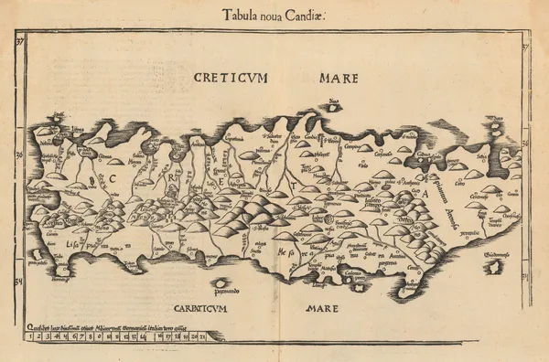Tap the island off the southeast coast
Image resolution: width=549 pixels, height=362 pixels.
coord(492,267)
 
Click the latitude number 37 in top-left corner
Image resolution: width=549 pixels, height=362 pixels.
coord(21,37)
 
